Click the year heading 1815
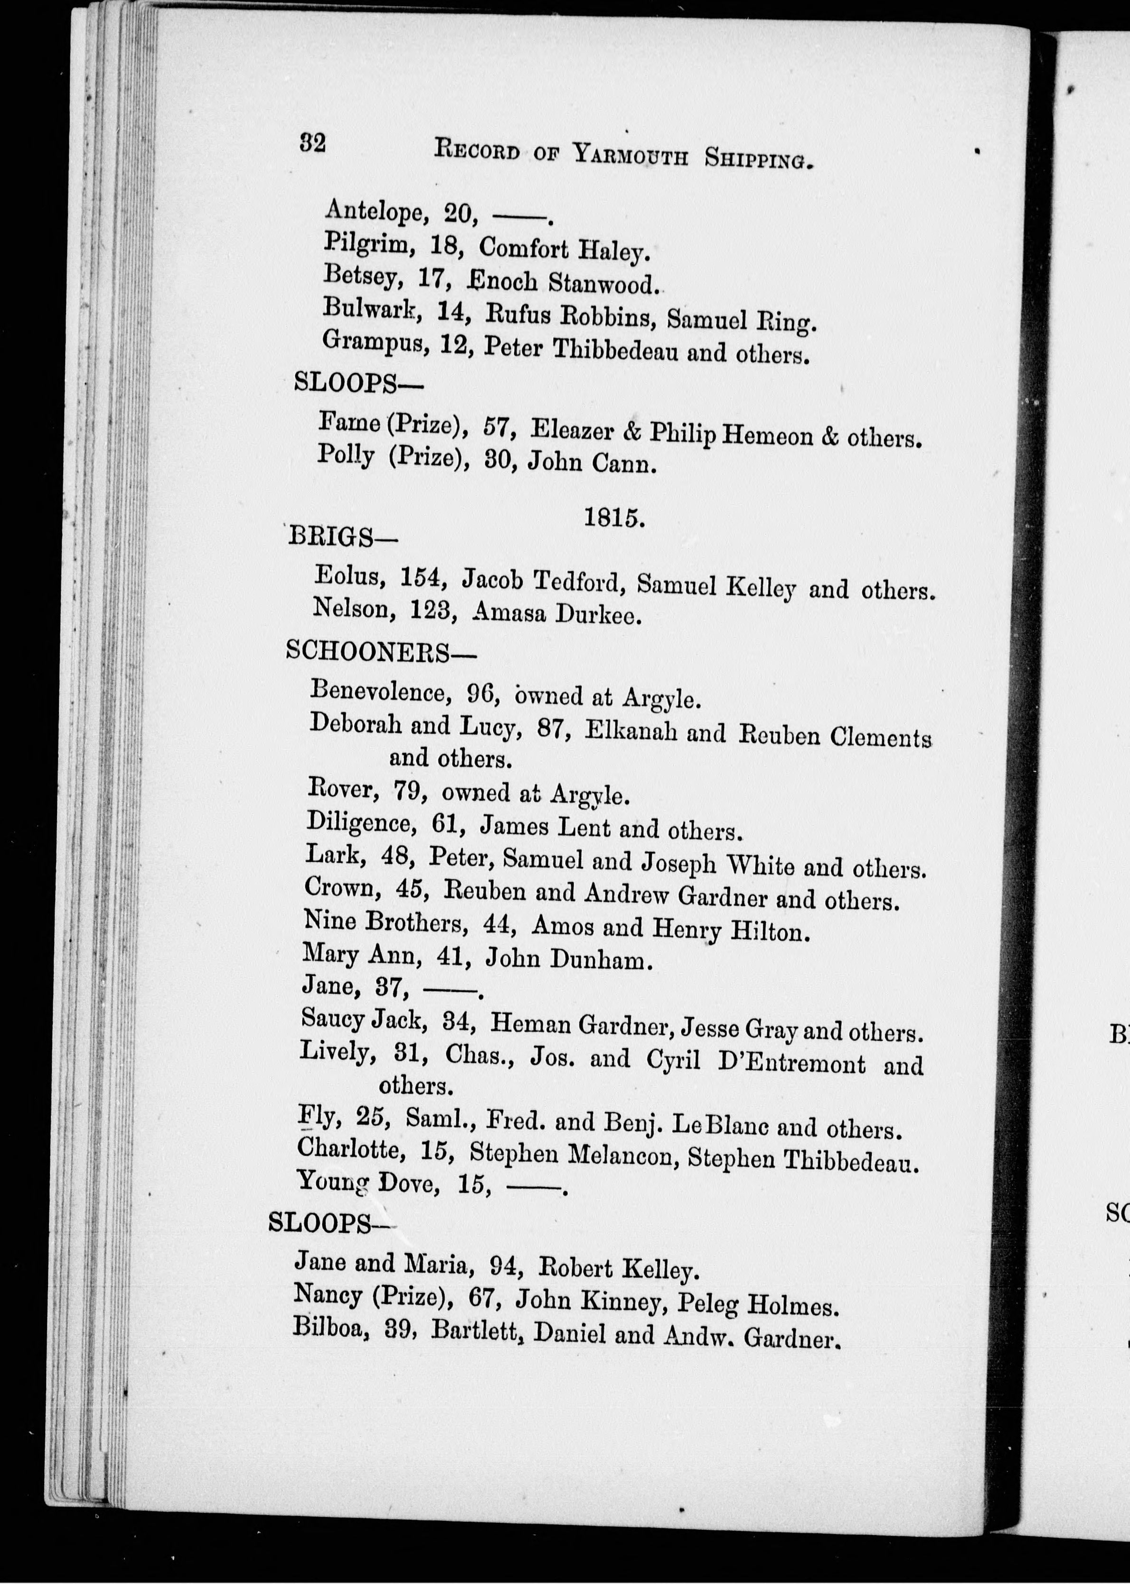click(x=613, y=518)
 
